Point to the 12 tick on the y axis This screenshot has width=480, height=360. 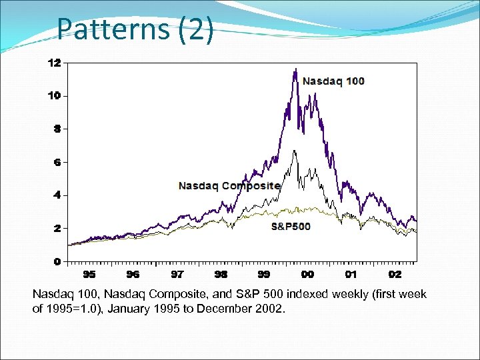coord(54,63)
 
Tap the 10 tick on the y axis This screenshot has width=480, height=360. coord(54,95)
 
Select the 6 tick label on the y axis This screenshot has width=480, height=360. coord(57,162)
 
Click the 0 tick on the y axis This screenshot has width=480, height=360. coord(57,261)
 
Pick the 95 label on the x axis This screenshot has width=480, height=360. coord(89,274)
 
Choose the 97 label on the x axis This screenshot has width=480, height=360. coord(177,274)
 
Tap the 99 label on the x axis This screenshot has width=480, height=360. coord(264,274)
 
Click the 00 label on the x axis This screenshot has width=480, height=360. coord(307,274)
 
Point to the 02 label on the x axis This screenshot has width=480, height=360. coord(395,274)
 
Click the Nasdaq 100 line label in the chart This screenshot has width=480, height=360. coord(333,81)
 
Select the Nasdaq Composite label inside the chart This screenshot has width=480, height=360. coord(229,186)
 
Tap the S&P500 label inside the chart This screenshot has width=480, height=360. coord(291,227)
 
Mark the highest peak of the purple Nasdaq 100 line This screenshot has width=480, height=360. coord(295,69)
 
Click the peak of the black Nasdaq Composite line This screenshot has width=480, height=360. coord(294,151)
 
